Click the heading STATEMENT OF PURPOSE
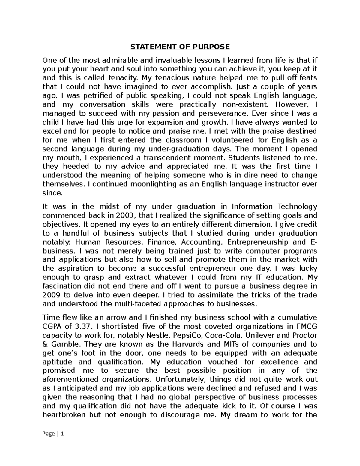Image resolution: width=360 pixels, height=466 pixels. [180, 47]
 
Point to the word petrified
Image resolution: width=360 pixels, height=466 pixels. [96, 96]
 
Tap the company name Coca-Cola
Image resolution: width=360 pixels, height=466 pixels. [222, 335]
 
